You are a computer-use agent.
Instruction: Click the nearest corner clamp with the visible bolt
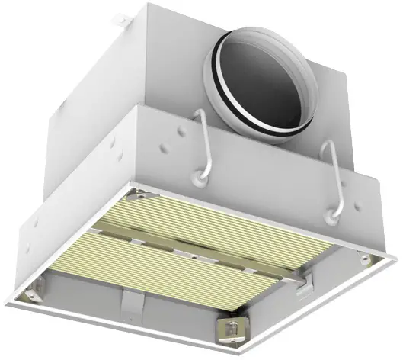[x=312, y=328]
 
